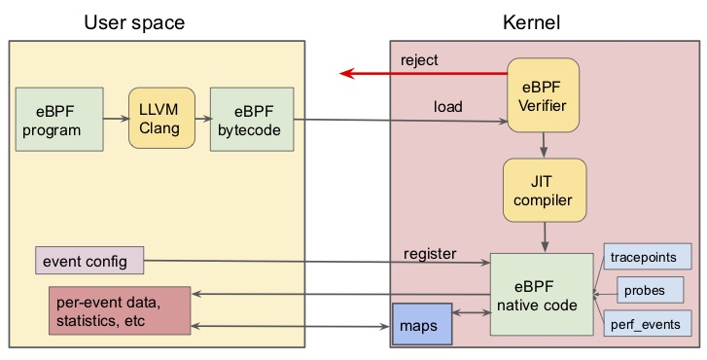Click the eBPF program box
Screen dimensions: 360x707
[x=59, y=119]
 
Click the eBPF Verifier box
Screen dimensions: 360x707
[x=543, y=94]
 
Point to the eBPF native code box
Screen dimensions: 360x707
[x=541, y=295]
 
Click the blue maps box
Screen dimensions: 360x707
[x=422, y=324]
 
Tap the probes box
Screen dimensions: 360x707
[x=646, y=290]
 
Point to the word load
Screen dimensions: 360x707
[x=447, y=106]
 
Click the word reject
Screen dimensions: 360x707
[x=419, y=60]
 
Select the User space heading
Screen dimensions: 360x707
[x=134, y=21]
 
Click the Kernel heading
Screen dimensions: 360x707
[x=531, y=21]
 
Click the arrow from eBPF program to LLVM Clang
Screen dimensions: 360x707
[x=116, y=119]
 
